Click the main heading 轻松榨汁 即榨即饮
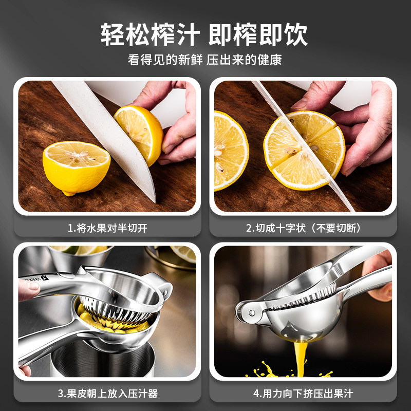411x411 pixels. click(x=204, y=34)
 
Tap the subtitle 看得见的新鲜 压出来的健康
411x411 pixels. click(x=204, y=60)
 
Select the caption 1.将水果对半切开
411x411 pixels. click(x=107, y=228)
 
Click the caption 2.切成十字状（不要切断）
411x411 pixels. click(x=303, y=228)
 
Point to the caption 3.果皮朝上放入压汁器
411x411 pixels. click(x=108, y=394)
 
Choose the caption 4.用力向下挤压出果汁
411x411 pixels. click(x=303, y=394)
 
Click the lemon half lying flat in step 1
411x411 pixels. click(x=76, y=168)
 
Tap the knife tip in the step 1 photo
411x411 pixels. click(x=155, y=201)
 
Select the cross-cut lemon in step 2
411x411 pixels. click(x=304, y=150)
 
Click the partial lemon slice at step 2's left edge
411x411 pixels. click(x=231, y=151)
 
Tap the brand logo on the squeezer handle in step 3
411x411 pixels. click(x=36, y=278)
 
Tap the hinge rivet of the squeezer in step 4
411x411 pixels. click(x=252, y=312)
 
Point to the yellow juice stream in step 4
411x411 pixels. click(x=301, y=358)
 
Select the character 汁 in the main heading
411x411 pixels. click(x=188, y=34)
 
